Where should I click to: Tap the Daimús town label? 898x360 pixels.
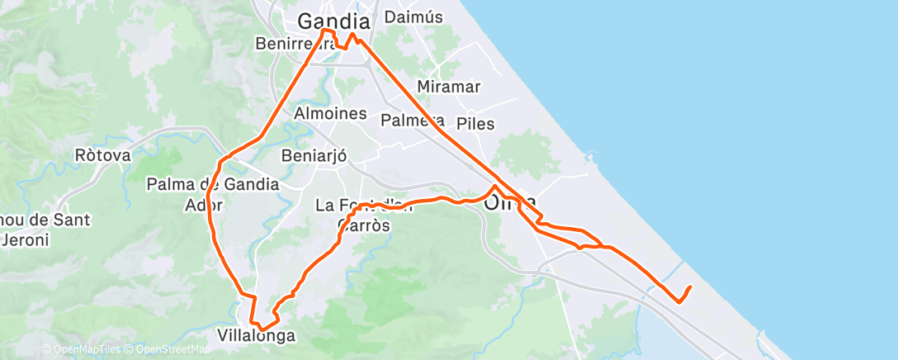point(414,17)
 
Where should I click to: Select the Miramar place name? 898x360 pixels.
point(449,87)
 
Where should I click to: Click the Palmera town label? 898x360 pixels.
point(413,121)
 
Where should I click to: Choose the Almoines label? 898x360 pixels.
point(331,114)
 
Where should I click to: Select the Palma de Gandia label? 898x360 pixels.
point(213,184)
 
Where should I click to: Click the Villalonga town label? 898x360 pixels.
point(256,336)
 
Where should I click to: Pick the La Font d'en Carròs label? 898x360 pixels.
point(364,213)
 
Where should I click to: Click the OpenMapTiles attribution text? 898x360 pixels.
point(83,350)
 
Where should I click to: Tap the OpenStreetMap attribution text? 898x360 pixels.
point(171,350)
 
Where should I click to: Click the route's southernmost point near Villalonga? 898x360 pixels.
point(262,329)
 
